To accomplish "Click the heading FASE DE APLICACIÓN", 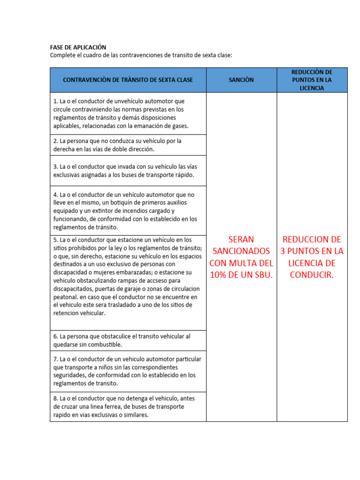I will [78, 47].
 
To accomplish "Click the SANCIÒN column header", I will [241, 80].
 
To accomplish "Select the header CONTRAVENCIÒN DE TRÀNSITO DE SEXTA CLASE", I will [128, 80].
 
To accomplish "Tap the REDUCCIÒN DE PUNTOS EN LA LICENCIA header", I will [312, 80].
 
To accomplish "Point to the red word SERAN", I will [241, 239].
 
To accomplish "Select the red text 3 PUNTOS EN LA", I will [312, 251].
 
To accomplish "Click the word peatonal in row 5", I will [66, 297].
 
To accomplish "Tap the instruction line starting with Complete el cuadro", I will [141, 55].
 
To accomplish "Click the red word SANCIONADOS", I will [241, 251].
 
